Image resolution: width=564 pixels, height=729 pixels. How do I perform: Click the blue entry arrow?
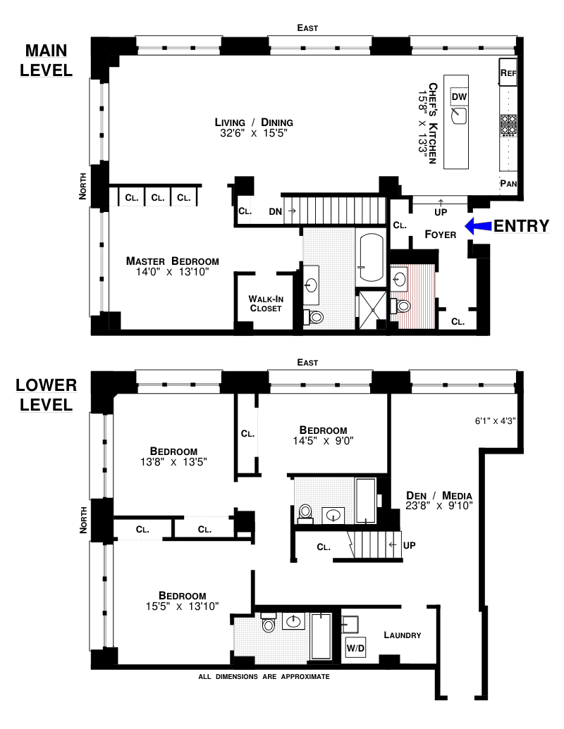pos(478,225)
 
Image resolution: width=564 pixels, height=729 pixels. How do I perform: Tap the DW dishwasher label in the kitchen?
pos(459,96)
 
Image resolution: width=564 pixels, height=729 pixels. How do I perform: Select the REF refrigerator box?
pos(508,72)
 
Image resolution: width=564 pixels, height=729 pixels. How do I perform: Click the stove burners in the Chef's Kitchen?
pos(508,125)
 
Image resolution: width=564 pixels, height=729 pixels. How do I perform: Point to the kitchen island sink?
pos(459,116)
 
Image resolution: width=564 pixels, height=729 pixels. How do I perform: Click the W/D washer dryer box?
pos(355,647)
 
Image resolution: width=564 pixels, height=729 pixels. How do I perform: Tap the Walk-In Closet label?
pos(266,304)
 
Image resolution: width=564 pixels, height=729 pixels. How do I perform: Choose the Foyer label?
pos(440,235)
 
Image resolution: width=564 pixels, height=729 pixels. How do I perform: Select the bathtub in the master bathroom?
pos(372,257)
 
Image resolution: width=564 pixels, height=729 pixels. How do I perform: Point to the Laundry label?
pos(403,635)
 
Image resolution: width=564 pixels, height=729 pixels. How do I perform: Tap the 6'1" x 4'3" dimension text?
pos(495,420)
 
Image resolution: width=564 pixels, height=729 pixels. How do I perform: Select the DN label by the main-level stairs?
pos(276,211)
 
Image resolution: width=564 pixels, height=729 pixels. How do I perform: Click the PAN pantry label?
pos(508,184)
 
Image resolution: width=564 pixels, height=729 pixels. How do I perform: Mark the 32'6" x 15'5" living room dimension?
pos(254,133)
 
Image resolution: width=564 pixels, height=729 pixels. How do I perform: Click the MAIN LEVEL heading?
pos(46,61)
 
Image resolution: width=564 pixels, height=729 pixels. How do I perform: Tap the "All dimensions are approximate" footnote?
pos(264,676)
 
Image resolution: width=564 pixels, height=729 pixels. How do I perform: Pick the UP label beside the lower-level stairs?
pos(410,545)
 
